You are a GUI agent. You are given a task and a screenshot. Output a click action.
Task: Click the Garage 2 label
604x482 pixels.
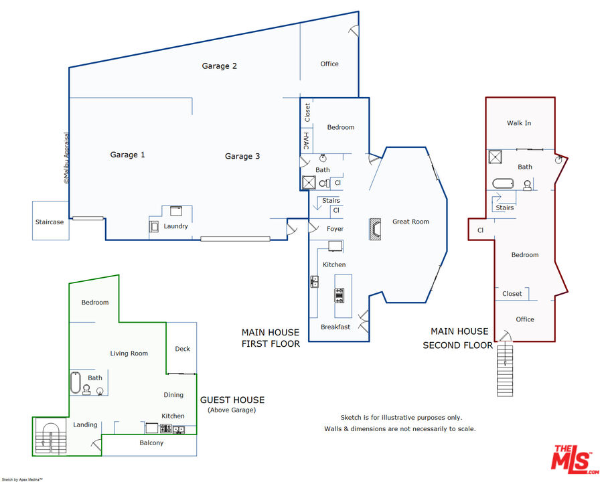(219, 66)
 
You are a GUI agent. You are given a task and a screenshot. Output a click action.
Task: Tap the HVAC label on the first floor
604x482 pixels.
(306, 141)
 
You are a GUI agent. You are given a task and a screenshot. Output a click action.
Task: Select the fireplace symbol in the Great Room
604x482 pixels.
(375, 229)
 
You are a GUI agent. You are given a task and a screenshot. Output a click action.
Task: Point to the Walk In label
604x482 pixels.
(519, 123)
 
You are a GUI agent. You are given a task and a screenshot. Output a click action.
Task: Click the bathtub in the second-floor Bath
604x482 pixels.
(503, 183)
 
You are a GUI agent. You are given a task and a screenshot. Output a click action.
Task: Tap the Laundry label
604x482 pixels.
(175, 226)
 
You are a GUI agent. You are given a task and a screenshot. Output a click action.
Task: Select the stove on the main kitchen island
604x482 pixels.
(339, 295)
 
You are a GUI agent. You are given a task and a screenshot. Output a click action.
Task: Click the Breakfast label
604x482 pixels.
(335, 327)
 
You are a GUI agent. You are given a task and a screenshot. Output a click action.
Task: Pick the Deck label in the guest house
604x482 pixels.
(183, 349)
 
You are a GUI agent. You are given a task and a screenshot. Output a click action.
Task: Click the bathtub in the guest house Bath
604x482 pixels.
(76, 383)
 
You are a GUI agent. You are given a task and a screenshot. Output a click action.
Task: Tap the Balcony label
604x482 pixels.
(151, 443)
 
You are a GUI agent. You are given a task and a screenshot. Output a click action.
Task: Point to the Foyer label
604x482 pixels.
(335, 229)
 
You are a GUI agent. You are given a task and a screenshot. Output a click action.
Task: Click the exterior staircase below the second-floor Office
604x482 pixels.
(505, 370)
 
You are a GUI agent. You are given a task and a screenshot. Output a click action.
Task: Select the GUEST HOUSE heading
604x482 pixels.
(232, 400)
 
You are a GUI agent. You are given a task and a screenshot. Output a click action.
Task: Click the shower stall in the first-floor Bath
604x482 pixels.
(309, 183)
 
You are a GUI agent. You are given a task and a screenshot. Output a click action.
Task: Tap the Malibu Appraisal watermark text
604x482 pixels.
(66, 158)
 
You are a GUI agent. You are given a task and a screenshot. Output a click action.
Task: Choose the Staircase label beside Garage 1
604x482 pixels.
(50, 222)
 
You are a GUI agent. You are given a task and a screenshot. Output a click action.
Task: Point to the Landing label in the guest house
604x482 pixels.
(85, 425)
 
